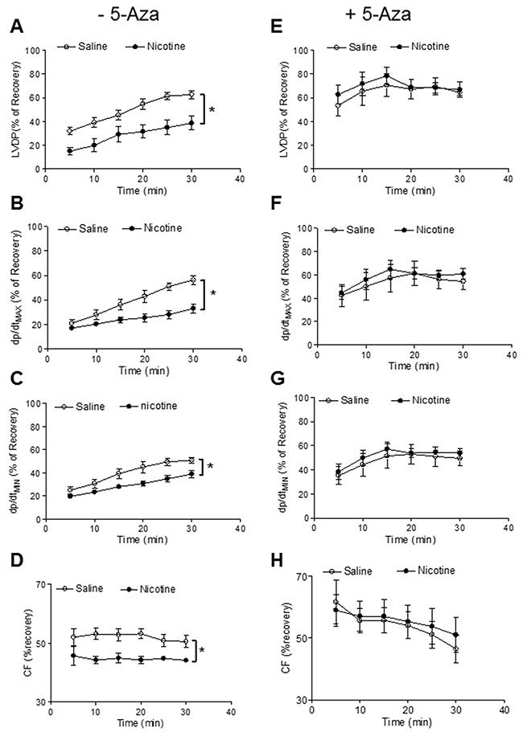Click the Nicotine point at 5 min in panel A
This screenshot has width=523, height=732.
70,151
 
